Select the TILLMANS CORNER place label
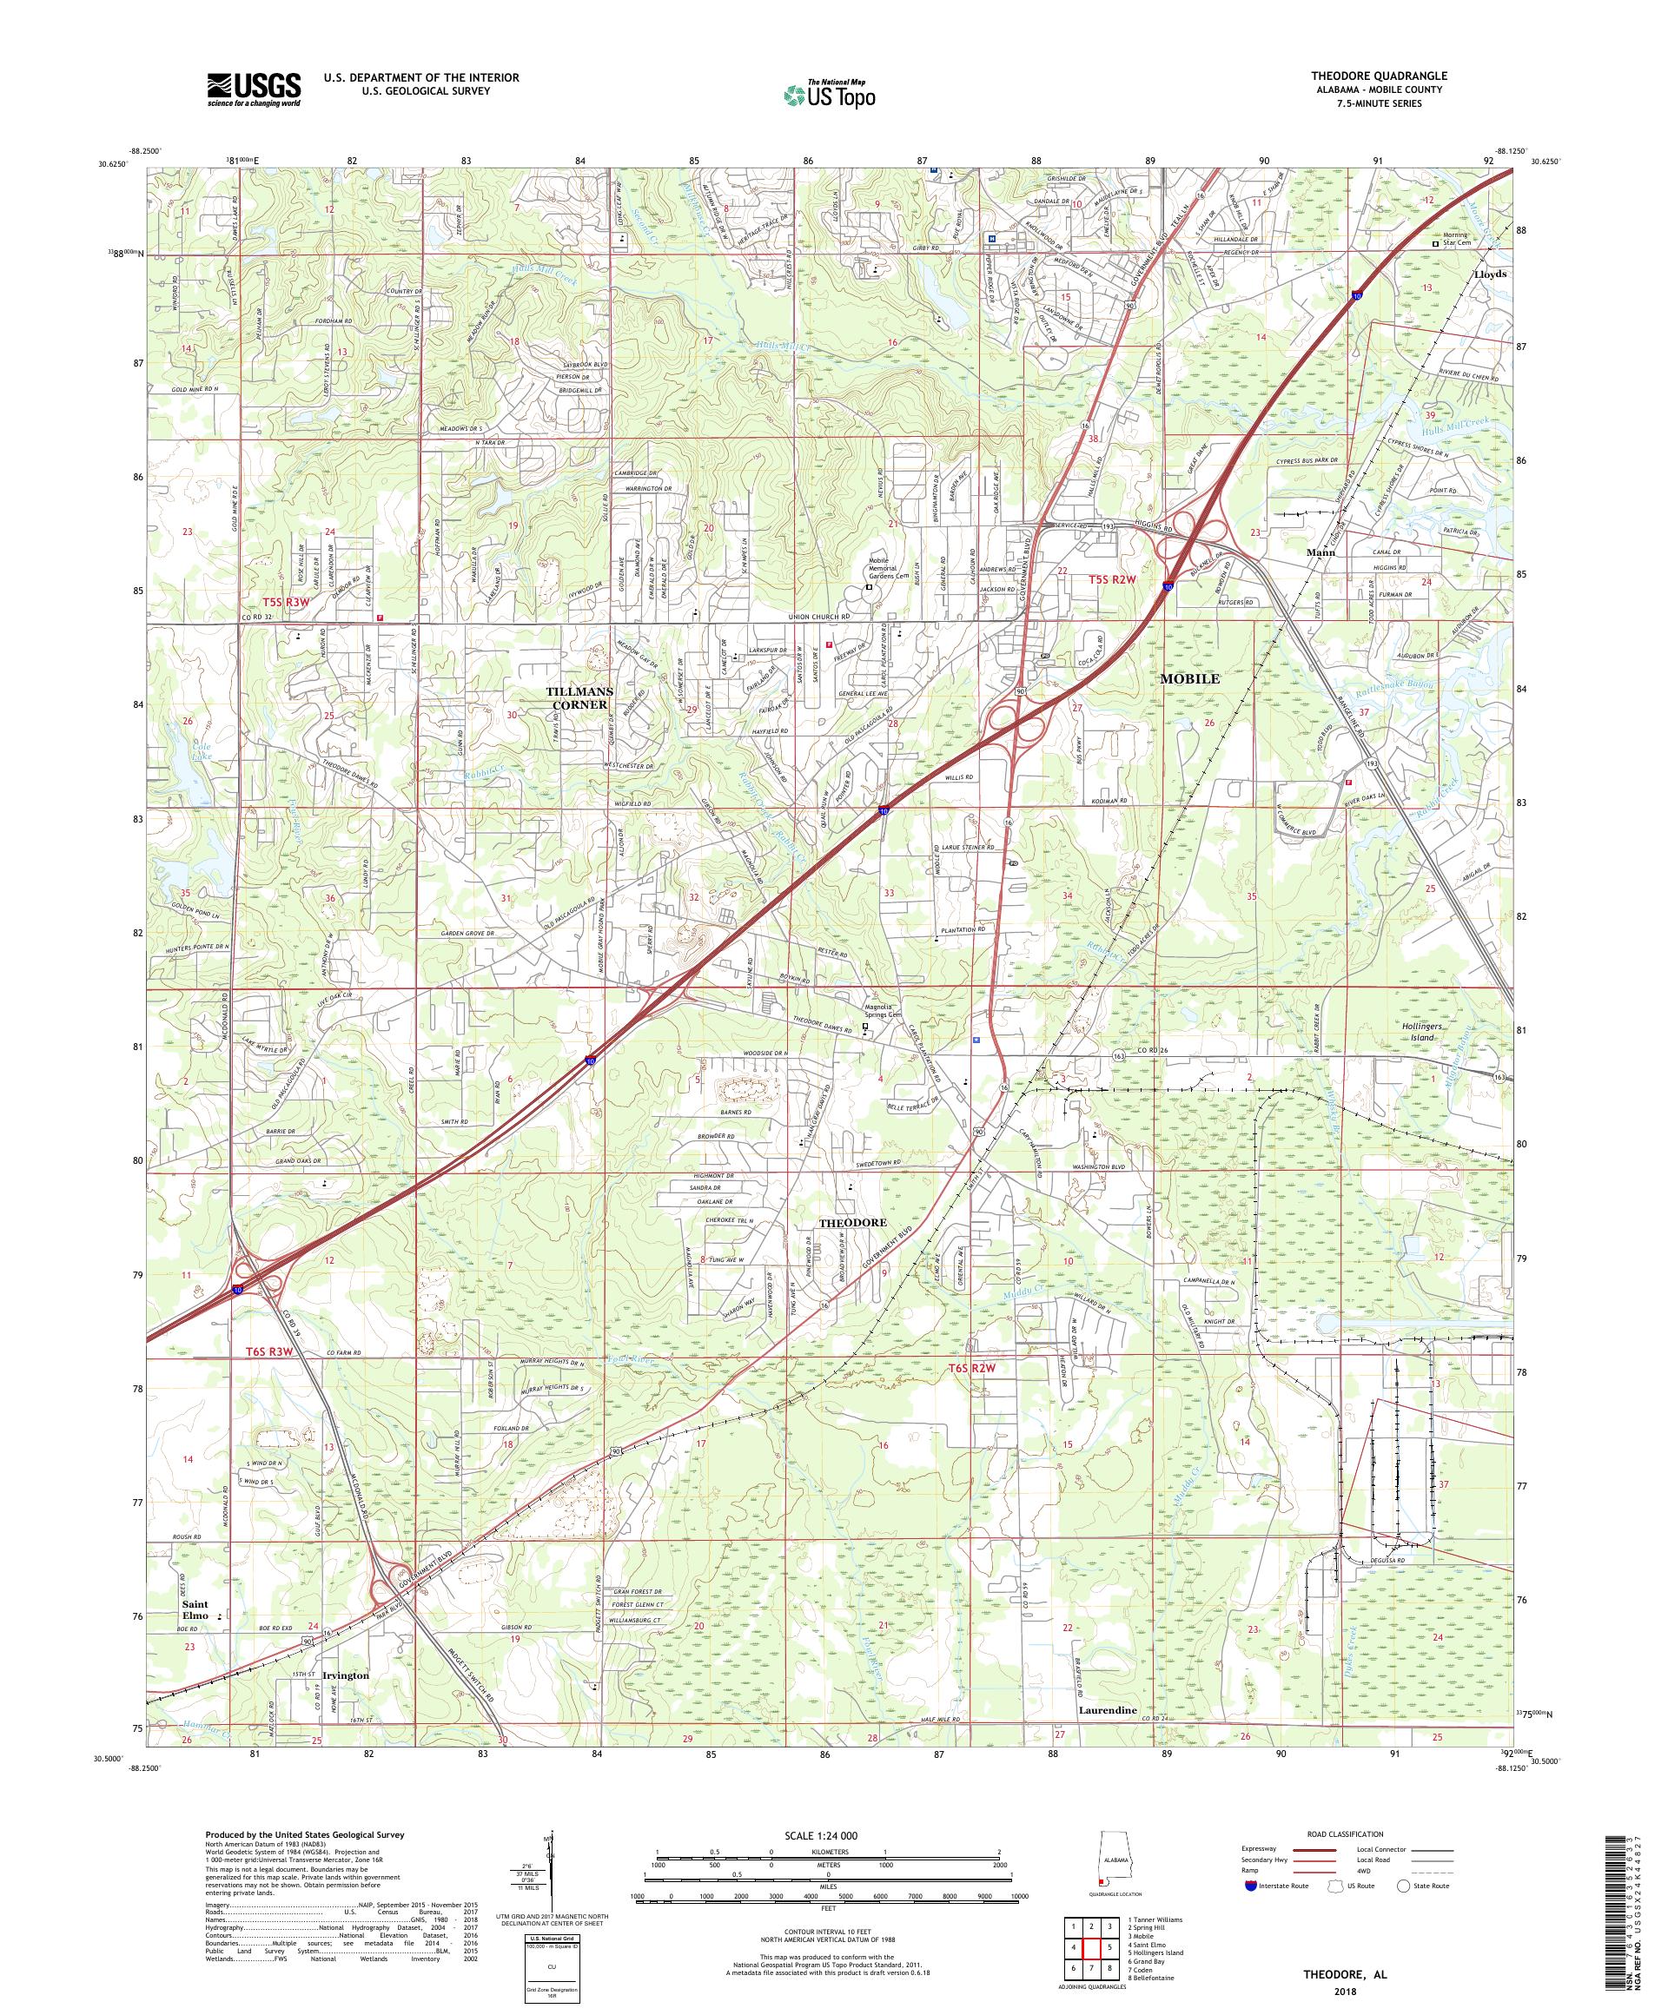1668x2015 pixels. (x=578, y=697)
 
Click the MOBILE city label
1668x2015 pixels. (x=1190, y=678)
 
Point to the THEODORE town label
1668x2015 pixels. (x=851, y=1222)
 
